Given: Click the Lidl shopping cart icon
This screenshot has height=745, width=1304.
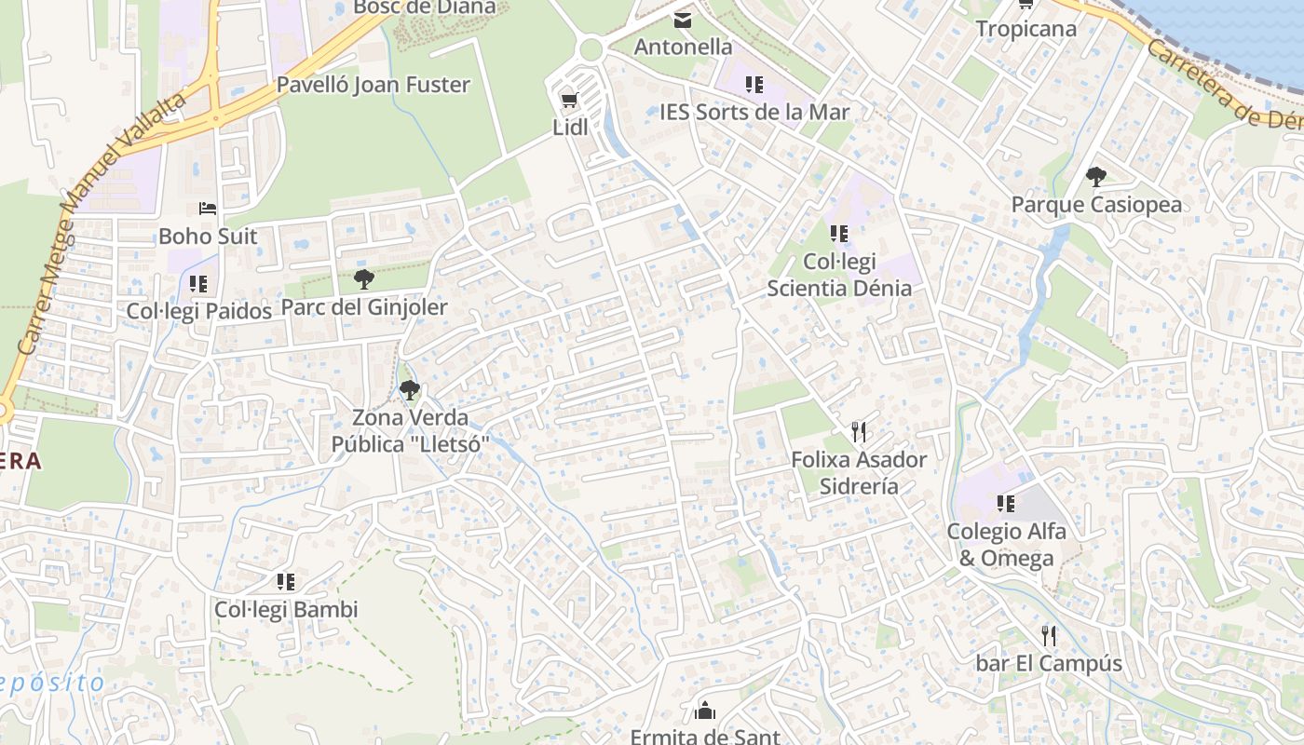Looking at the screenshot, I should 569,100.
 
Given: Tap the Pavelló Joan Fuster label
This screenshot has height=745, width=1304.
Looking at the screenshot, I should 373,85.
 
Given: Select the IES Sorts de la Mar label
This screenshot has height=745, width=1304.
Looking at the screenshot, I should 754,112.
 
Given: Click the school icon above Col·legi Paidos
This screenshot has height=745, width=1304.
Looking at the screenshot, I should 197,283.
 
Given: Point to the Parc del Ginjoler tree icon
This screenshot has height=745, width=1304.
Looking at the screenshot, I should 364,278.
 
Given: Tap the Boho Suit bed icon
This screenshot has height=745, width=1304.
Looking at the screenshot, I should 207,209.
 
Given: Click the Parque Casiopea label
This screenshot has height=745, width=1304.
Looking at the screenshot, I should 1096,204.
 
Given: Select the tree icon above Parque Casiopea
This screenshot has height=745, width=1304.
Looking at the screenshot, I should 1096,176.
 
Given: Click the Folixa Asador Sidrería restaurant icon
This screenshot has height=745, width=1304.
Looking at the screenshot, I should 859,432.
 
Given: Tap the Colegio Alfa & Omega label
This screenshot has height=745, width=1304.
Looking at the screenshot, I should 1006,545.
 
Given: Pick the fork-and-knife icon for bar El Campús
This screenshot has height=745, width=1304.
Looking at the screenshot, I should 1049,636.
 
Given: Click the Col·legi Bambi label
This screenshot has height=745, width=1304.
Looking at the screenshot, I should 286,610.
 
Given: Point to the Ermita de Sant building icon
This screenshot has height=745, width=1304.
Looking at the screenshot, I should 705,711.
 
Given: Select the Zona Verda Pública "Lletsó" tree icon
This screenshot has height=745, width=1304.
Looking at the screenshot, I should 409,390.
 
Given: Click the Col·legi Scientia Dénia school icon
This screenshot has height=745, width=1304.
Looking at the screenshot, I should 838,234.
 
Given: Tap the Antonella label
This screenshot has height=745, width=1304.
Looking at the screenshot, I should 683,47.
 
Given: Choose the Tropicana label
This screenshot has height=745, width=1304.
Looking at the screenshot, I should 1026,29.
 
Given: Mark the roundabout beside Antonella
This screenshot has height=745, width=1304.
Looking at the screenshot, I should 591,49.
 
